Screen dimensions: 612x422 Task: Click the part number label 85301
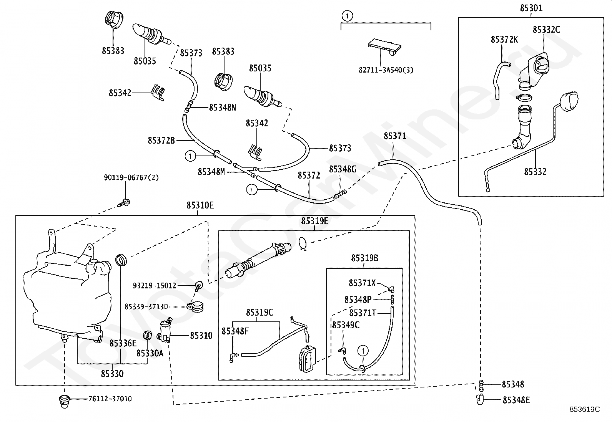pos(531,8)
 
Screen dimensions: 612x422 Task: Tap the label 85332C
pos(546,30)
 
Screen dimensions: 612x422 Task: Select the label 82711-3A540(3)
pos(386,70)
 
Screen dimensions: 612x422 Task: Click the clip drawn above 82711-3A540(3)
pos(385,47)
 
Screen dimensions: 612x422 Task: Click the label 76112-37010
pos(110,399)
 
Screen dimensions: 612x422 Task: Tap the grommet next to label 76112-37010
pos(64,401)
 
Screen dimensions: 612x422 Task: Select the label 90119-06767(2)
pos(131,178)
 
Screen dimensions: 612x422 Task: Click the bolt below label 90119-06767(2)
pos(124,203)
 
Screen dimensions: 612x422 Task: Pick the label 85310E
pos(200,205)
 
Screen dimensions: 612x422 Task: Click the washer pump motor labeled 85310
pos(165,331)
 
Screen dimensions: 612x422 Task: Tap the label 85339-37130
pos(146,306)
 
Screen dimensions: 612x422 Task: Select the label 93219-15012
pos(155,286)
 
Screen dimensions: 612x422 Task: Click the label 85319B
pos(364,258)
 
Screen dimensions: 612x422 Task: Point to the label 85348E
pos(516,400)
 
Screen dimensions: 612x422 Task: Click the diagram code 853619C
pos(584,409)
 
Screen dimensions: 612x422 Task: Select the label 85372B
pos(161,140)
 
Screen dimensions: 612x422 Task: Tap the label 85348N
pos(223,108)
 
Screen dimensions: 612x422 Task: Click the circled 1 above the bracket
pos(347,16)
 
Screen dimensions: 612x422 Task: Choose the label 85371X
pos(362,283)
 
